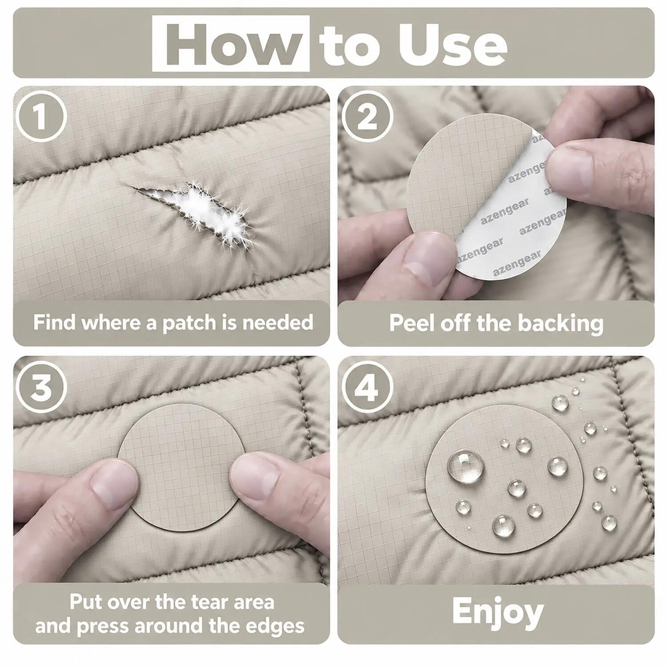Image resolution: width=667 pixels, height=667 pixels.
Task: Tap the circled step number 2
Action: pyautogui.click(x=367, y=117)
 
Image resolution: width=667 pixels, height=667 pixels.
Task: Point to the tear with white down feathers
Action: pyautogui.click(x=196, y=209)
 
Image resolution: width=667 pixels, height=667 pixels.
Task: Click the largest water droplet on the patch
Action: pyautogui.click(x=465, y=466)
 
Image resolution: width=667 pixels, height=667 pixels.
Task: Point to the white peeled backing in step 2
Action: pyautogui.click(x=511, y=222)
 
